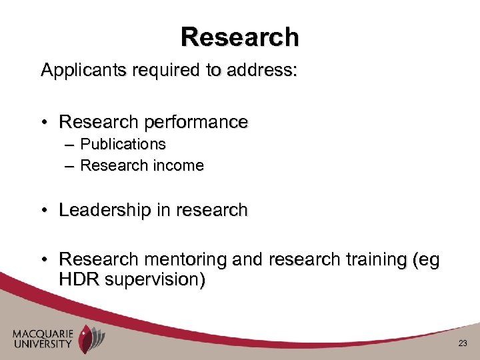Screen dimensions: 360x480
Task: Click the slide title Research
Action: pos(239,37)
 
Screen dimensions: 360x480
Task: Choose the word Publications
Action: pos(123,144)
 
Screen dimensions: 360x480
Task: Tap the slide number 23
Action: pos(463,343)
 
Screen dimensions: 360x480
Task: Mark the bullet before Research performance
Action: pos(44,123)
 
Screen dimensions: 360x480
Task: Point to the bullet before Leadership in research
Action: pos(44,211)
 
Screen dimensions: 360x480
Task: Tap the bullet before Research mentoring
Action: pos(44,259)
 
